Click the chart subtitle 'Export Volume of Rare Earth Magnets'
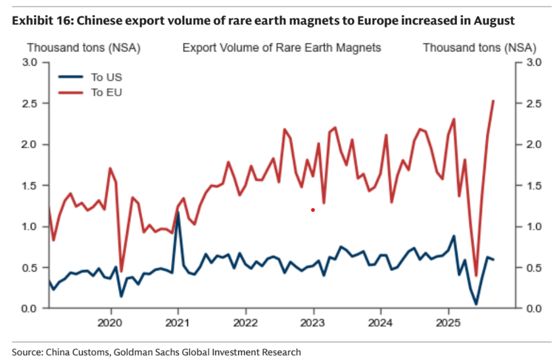click(281, 48)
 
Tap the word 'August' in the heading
click(494, 20)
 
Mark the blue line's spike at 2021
click(178, 231)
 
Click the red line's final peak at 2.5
click(493, 101)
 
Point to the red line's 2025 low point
click(475, 275)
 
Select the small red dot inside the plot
click(313, 210)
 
